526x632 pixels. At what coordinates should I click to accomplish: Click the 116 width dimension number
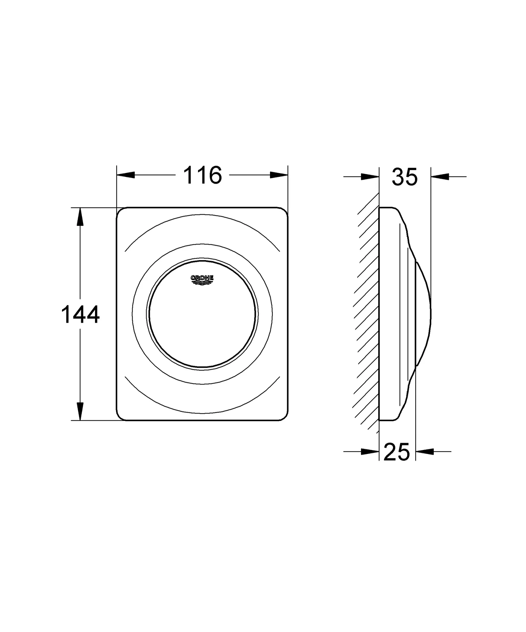tap(202, 175)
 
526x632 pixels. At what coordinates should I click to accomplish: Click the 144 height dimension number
tap(81, 314)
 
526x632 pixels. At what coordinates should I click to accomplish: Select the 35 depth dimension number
tap(404, 177)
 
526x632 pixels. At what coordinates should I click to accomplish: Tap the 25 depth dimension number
tap(397, 452)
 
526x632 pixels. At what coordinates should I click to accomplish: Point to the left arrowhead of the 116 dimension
tap(126, 175)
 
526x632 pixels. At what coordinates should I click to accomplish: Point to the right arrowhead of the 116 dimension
tap(279, 175)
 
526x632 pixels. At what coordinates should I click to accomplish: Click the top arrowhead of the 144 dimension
tap(80, 217)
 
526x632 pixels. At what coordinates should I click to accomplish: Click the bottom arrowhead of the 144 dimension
tap(80, 411)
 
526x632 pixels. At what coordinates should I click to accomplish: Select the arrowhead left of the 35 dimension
tap(370, 177)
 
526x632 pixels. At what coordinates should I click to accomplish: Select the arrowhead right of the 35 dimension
tap(440, 177)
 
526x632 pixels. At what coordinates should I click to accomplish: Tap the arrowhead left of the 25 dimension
tap(370, 451)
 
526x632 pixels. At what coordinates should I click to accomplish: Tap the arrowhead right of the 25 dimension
tap(425, 451)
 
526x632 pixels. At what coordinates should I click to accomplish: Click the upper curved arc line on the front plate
tap(202, 215)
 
